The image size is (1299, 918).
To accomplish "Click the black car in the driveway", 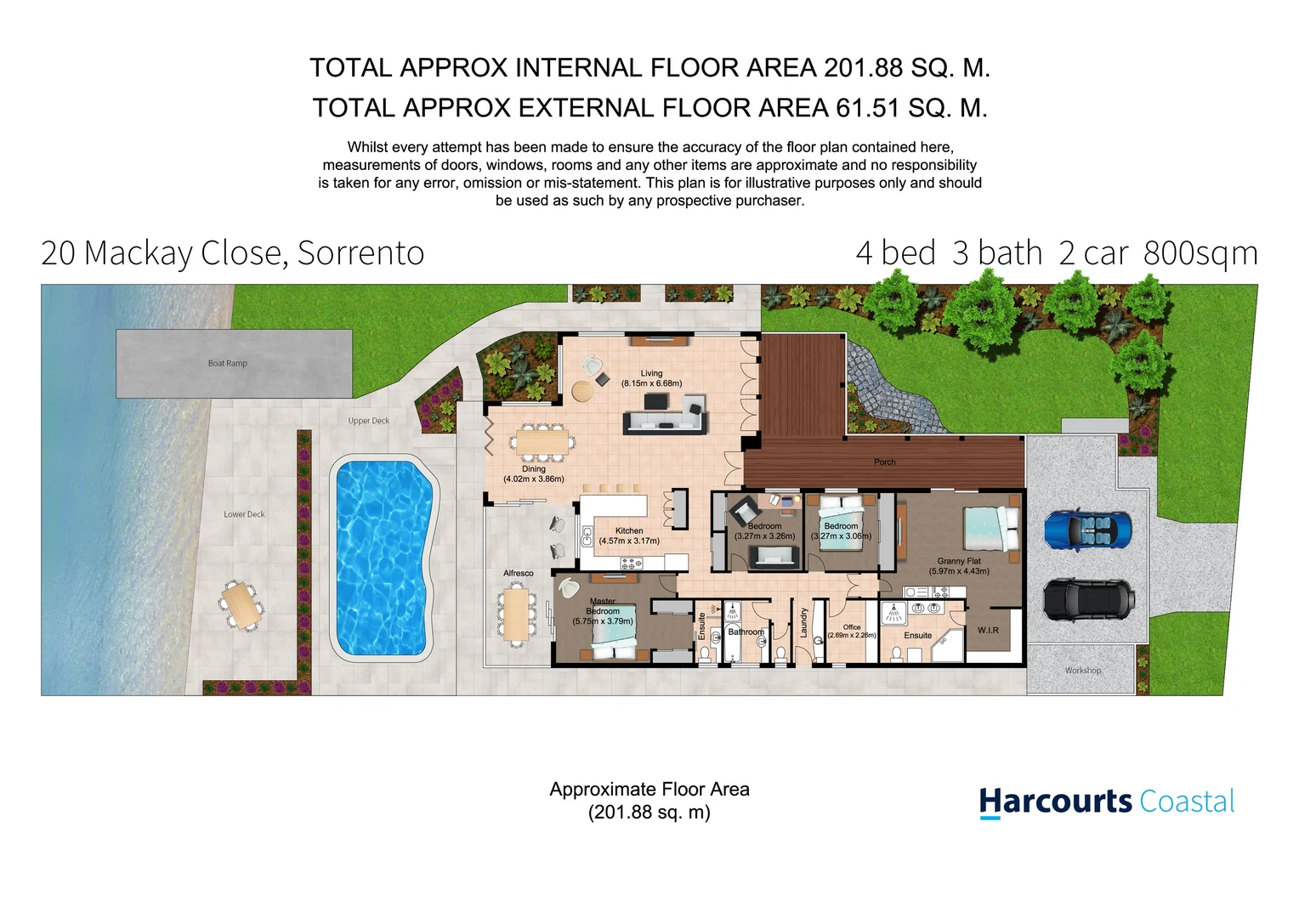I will click(1087, 599).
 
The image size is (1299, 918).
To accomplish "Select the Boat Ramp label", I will click(228, 364).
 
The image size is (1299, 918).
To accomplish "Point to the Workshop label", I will click(1082, 671).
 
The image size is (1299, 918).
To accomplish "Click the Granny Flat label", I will click(959, 561).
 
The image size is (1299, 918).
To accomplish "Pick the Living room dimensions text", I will click(651, 383).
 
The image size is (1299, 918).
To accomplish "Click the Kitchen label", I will click(629, 530).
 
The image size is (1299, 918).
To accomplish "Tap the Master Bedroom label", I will click(603, 606).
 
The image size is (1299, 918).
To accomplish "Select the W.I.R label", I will click(988, 631).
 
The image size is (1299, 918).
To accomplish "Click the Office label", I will click(851, 627).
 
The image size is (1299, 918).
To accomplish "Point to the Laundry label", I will click(803, 623).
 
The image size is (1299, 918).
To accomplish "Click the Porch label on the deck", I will click(884, 462).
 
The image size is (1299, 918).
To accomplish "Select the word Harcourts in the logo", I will click(1054, 802).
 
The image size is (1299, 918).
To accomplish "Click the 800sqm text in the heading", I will click(1200, 253).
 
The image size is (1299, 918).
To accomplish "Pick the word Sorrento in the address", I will click(360, 253).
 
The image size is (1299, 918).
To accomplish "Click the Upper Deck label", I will click(368, 422).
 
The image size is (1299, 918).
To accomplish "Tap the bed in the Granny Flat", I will click(990, 527).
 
